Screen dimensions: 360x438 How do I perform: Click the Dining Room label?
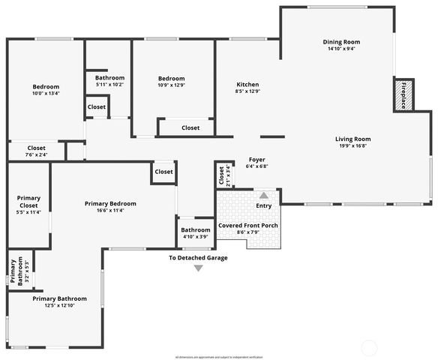tap(341, 41)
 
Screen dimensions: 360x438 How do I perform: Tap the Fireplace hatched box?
tap(403, 95)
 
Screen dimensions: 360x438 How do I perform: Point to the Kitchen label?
tap(247, 84)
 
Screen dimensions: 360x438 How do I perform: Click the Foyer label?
tap(256, 160)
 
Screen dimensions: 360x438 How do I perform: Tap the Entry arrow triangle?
tap(263, 195)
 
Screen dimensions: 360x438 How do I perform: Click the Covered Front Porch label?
tap(247, 225)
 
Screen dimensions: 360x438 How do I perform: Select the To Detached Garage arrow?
tap(198, 268)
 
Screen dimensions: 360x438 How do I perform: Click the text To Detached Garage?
tap(198, 258)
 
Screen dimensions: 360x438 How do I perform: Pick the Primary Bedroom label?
tap(110, 203)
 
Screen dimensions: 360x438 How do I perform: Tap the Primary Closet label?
tap(28, 201)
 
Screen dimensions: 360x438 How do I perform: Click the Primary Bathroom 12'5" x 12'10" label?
tap(55, 298)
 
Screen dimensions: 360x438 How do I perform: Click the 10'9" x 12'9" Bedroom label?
tap(171, 79)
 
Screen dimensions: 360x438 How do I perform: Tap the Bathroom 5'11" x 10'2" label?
tap(109, 78)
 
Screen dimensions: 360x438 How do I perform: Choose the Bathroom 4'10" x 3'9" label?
tap(196, 229)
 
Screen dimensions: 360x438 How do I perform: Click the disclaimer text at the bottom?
tap(219, 357)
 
